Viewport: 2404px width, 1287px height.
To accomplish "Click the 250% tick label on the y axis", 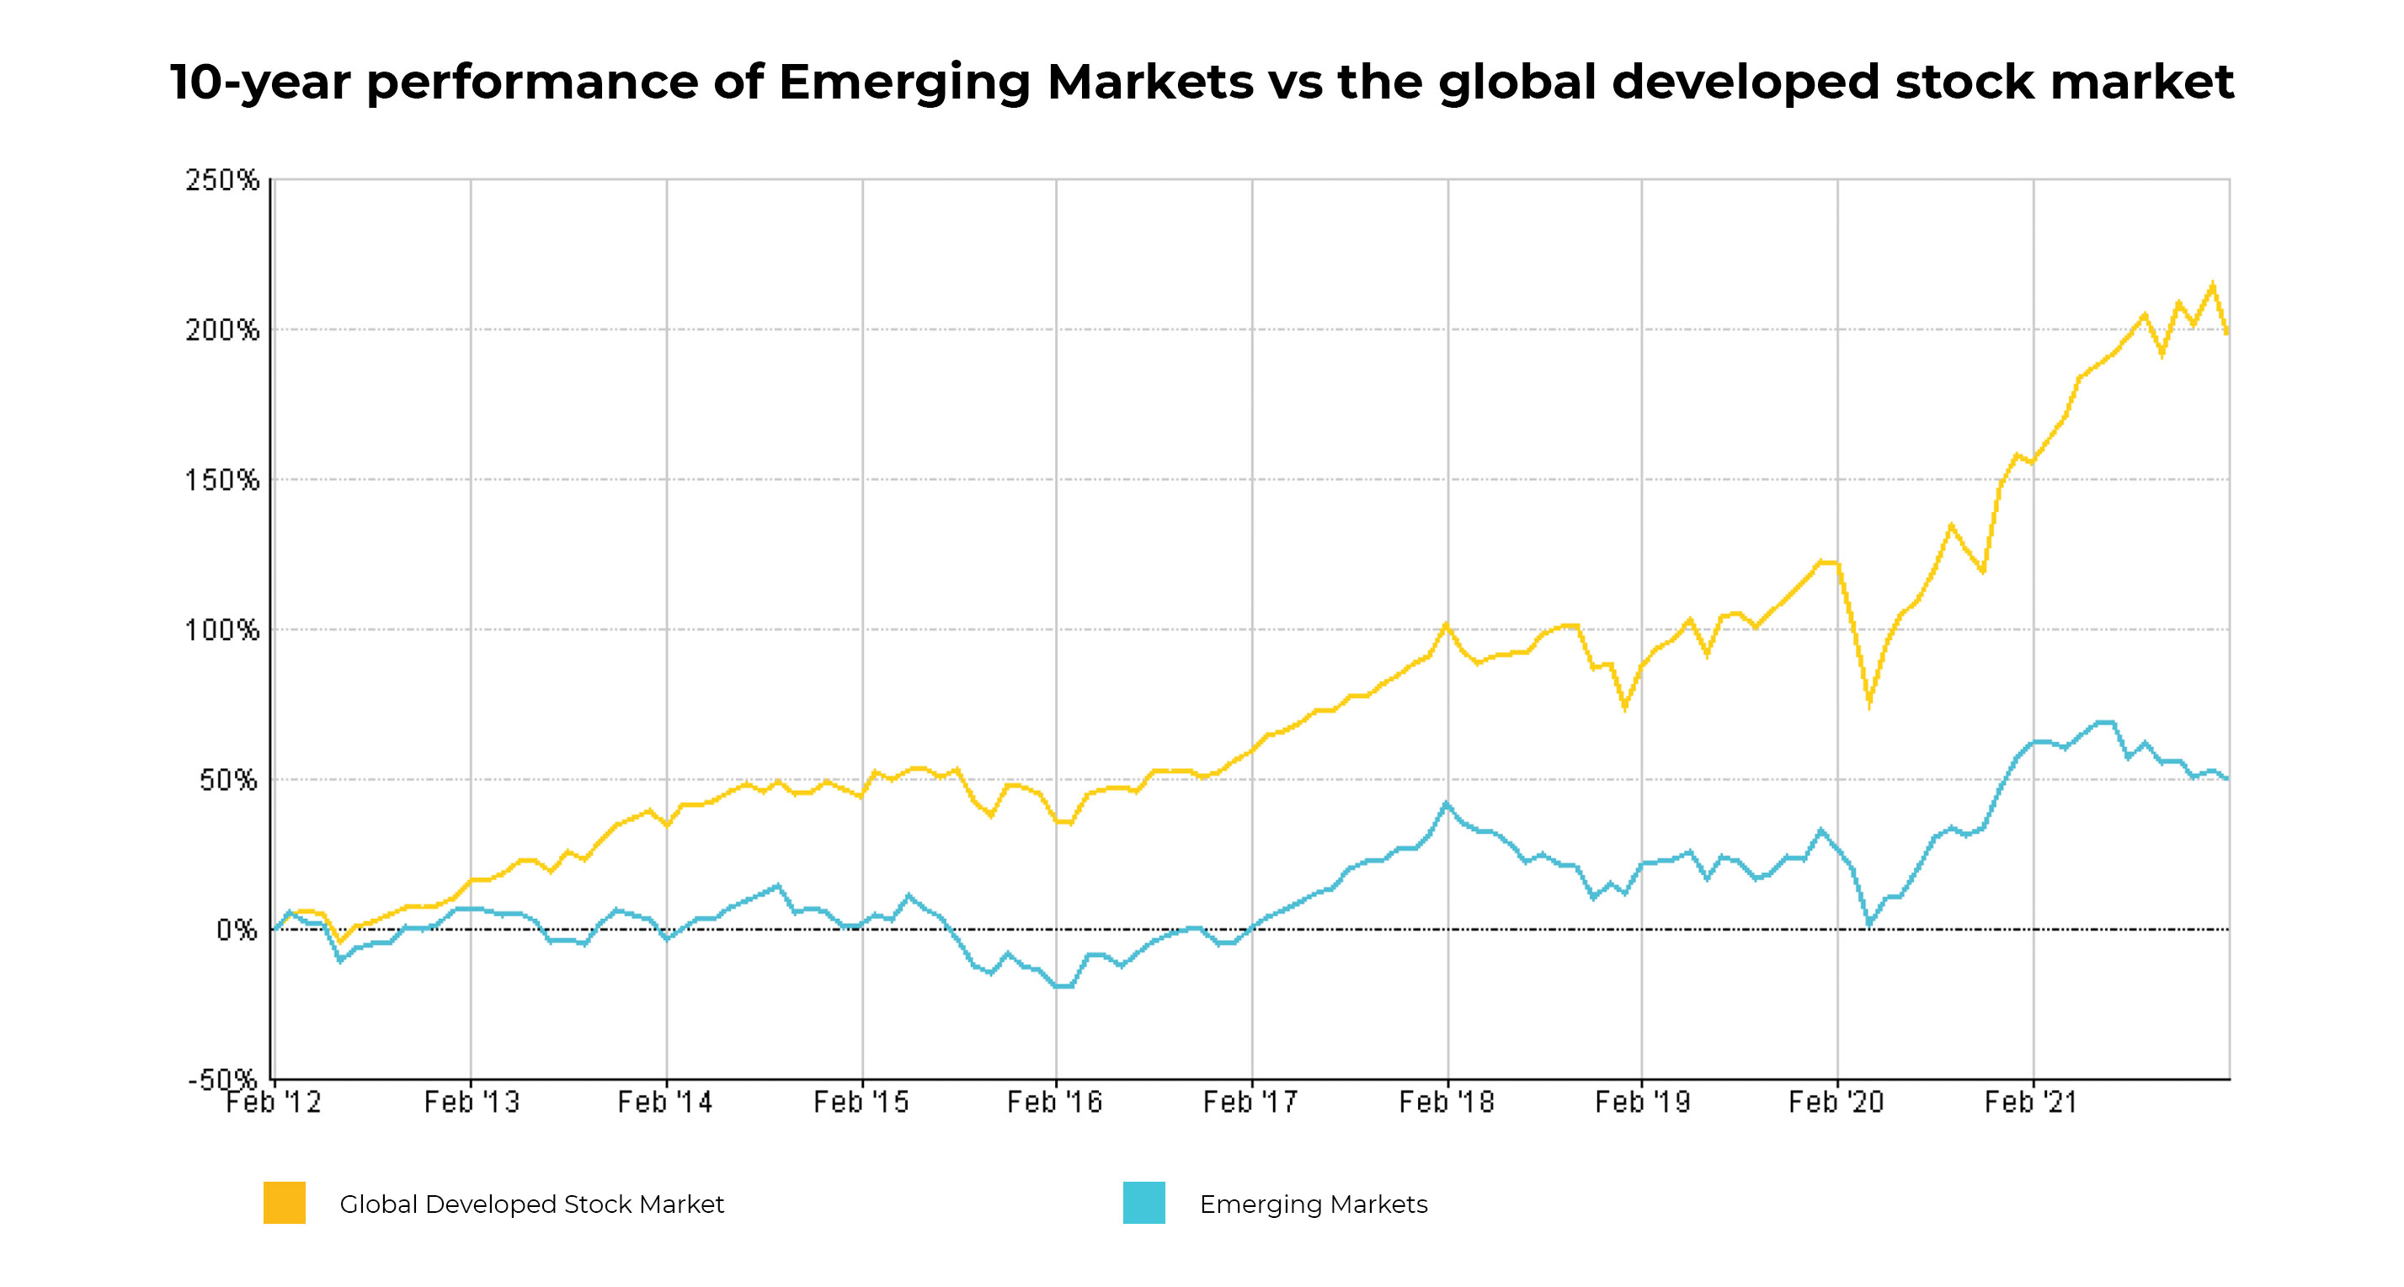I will pos(222,180).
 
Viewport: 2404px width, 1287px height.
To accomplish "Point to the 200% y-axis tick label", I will pos(222,330).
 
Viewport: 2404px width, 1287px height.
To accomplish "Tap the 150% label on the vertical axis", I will pos(222,481).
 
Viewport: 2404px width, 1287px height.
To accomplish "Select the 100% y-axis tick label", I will pos(222,631).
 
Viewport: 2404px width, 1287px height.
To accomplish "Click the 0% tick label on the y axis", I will pos(236,931).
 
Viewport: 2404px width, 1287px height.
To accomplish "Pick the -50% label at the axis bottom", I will pos(222,1080).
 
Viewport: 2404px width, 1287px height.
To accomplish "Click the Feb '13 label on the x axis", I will pos(472,1103).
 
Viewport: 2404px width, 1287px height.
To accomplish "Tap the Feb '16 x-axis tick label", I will pos(1054,1103).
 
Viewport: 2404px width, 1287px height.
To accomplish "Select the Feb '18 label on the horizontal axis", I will pos(1447,1103).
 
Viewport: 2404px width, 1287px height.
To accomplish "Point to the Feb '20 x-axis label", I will pos(1836,1103).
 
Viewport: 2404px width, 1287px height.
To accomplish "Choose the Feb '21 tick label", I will pos(2032,1103).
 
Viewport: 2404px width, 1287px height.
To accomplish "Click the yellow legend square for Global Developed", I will pos(285,1203).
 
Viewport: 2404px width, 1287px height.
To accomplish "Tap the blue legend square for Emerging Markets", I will pos(1144,1203).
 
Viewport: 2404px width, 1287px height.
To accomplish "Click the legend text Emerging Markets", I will pos(1313,1204).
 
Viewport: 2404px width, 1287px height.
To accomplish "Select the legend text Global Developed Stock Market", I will pos(532,1204).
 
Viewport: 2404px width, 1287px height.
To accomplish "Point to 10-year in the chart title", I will pos(259,83).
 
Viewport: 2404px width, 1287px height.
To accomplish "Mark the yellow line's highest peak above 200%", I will pos(2213,285).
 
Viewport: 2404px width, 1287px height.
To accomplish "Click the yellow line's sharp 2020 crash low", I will pos(1869,707).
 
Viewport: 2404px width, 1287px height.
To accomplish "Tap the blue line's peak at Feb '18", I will pos(1447,803).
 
